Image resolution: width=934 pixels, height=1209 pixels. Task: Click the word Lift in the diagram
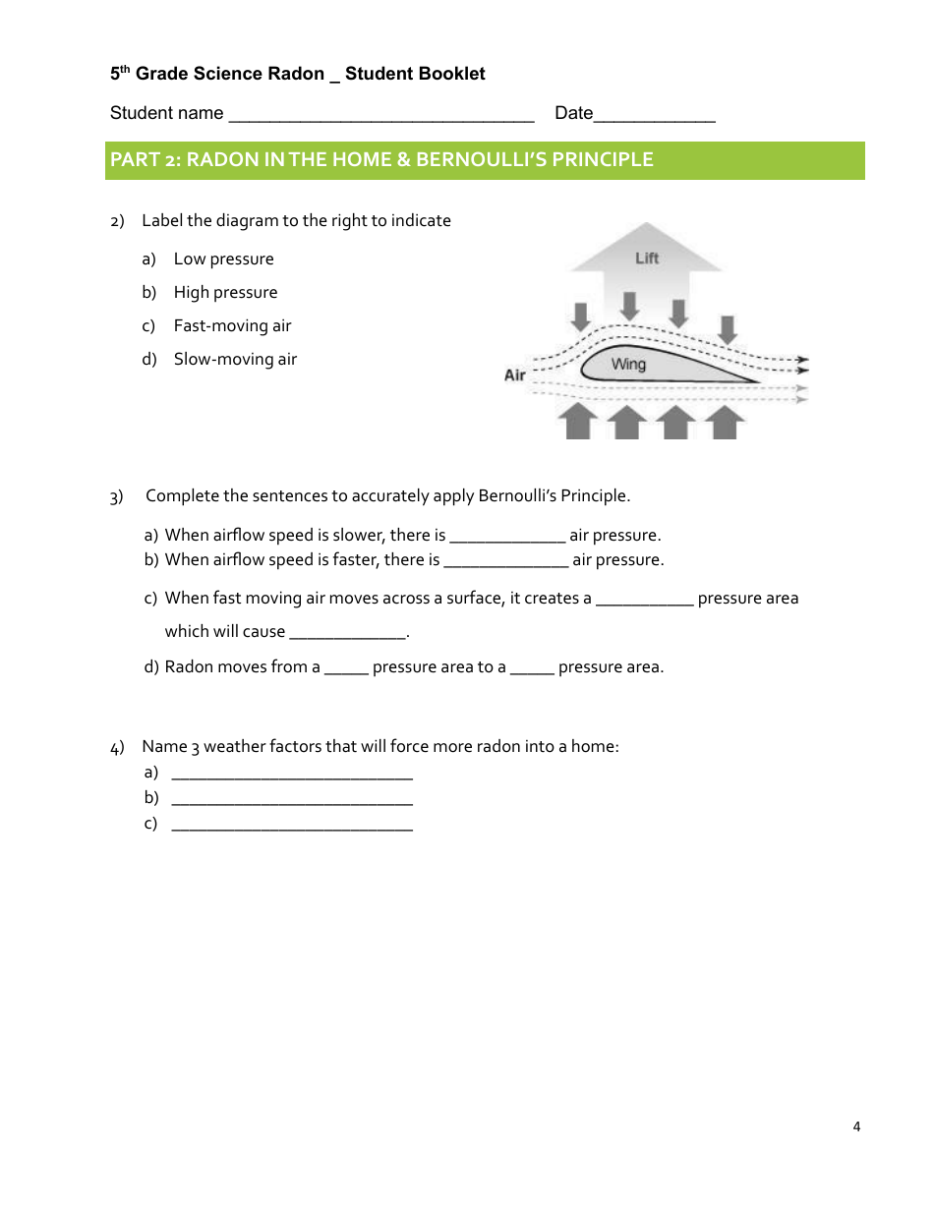point(647,258)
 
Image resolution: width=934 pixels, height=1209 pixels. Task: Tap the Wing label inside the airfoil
point(628,365)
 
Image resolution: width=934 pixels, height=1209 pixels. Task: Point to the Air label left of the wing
point(515,375)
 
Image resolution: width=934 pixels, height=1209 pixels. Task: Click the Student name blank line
point(380,115)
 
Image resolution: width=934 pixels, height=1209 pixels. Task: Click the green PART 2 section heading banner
point(485,160)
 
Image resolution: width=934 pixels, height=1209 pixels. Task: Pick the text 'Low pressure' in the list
point(223,259)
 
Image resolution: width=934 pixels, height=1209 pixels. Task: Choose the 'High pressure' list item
point(225,293)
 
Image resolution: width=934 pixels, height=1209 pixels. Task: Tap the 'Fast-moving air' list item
point(232,326)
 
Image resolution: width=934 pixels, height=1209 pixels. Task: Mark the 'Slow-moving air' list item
point(235,360)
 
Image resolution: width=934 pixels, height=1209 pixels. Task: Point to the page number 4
point(856,1126)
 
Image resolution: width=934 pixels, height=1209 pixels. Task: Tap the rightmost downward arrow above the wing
point(727,328)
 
